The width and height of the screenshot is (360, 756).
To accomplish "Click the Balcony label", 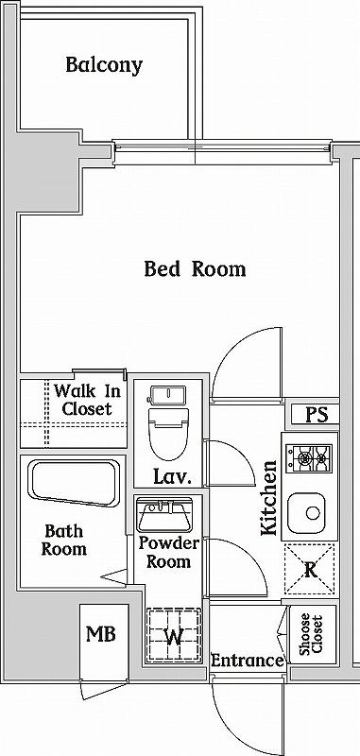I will coord(104,65).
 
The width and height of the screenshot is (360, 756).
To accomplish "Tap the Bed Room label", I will coord(195,269).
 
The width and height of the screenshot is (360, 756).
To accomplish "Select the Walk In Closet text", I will coord(87,400).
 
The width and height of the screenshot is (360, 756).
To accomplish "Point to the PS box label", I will coord(316,414).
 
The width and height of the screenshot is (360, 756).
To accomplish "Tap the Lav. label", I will coord(171,478).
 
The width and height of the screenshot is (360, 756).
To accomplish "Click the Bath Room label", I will coord(64,541).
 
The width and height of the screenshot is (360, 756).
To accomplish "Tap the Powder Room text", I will coord(168,553).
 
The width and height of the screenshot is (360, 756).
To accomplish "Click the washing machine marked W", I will coord(173,635).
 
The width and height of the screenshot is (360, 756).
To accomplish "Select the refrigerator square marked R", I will coord(309,571).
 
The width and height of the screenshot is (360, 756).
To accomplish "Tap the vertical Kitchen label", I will coord(270,498).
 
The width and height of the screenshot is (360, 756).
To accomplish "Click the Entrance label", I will coord(247,661).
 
